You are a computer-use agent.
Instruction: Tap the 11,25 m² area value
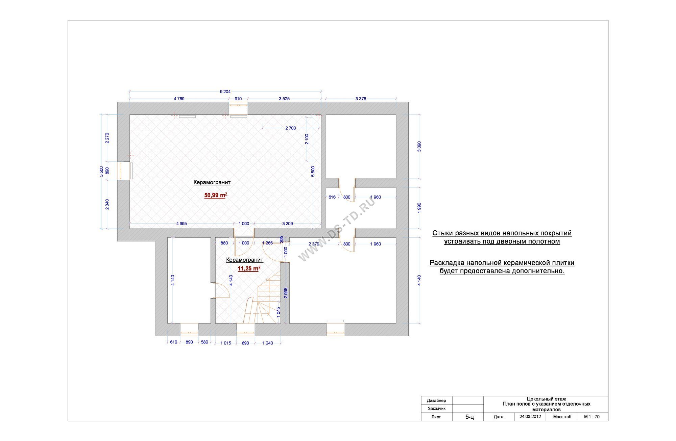[249, 268]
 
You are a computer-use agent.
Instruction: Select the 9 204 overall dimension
[225, 92]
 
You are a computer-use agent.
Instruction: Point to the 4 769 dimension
[179, 99]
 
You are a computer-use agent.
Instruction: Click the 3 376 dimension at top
[361, 99]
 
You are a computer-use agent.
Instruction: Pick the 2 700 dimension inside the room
[291, 128]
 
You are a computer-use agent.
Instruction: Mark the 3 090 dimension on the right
[419, 147]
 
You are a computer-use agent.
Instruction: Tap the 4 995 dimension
[182, 224]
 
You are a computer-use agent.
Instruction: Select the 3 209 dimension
[287, 224]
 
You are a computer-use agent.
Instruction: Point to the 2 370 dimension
[314, 244]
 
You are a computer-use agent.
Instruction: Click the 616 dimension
[332, 197]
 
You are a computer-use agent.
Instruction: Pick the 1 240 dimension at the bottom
[267, 343]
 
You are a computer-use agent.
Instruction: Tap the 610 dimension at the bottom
[173, 342]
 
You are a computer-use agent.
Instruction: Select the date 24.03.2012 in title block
[530, 417]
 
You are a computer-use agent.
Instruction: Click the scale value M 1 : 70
[592, 417]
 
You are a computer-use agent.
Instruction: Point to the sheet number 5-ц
[469, 417]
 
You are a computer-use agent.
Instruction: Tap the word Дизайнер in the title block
[436, 400]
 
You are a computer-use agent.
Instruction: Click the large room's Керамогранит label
[212, 182]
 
